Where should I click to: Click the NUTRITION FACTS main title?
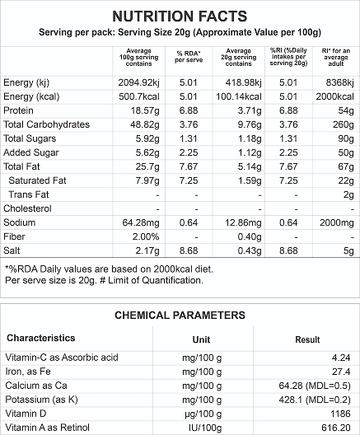[180, 16]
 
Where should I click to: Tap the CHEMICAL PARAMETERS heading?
[180, 316]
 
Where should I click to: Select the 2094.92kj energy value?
[138, 82]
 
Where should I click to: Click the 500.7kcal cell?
[139, 96]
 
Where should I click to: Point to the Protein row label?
[18, 110]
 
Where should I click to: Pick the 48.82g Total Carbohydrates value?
[145, 125]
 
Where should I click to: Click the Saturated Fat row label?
[37, 180]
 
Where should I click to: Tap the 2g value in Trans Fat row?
[348, 194]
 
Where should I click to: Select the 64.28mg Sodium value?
[141, 222]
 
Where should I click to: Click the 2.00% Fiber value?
[146, 236]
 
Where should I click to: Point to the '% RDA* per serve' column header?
[189, 57]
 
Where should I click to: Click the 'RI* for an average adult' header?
[336, 57]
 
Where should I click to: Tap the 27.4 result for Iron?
[341, 372]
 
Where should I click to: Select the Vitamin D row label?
[26, 414]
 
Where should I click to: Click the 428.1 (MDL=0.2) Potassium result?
[315, 400]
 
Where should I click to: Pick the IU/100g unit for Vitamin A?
[205, 428]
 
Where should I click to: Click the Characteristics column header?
[41, 338]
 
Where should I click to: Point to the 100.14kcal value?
[239, 96]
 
